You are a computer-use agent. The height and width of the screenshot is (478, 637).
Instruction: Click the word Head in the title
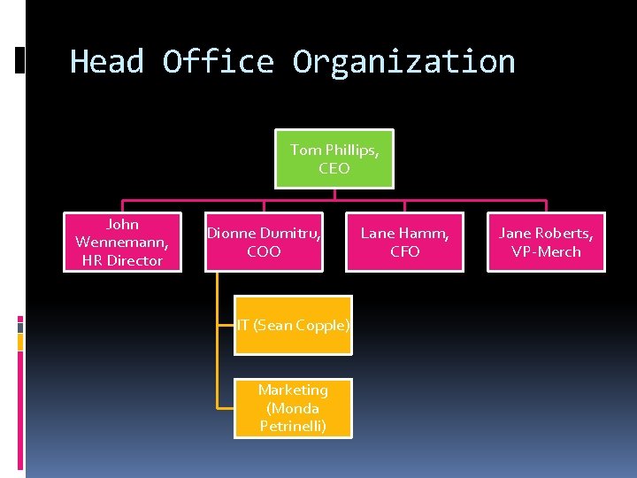point(107,62)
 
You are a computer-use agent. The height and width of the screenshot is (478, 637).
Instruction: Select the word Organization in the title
point(403,62)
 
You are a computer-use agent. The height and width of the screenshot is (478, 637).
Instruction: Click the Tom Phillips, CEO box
point(334,159)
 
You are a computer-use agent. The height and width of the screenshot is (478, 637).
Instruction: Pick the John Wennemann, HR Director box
point(122,242)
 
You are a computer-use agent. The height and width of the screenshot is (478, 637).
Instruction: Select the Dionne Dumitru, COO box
point(264,242)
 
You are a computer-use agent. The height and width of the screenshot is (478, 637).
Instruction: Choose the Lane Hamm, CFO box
point(404,242)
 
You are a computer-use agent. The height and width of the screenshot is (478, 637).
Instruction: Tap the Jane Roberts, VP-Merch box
point(546,242)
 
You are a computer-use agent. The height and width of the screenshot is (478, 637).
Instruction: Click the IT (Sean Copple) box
point(293,325)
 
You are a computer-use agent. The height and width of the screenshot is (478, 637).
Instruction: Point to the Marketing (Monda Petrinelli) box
point(293,408)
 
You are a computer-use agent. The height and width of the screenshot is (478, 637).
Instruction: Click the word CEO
point(334,168)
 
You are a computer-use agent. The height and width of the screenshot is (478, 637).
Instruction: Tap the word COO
point(264,251)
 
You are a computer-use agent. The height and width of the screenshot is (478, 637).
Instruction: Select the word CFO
point(404,251)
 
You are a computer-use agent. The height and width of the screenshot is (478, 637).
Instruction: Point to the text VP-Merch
point(546,251)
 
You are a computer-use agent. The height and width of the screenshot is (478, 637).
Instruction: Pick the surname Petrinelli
point(293,427)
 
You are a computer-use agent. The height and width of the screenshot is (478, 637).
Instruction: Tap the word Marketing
point(293,389)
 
